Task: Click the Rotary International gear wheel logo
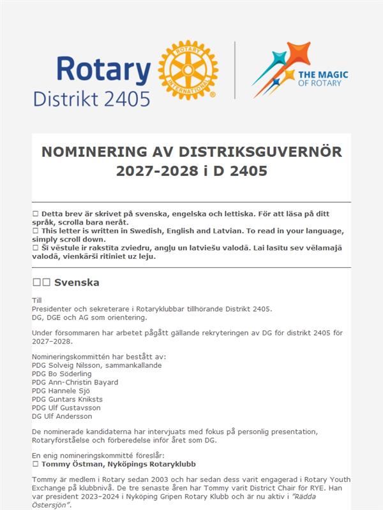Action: (x=188, y=70)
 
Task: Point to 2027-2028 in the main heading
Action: (x=156, y=171)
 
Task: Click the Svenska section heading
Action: (x=76, y=282)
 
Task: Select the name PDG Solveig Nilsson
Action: (x=69, y=365)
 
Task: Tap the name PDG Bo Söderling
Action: (x=63, y=374)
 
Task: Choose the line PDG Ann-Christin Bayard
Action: (x=75, y=382)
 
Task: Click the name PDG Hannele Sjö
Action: (x=61, y=391)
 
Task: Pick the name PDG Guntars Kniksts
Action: (x=67, y=399)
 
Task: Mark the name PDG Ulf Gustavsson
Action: (x=66, y=408)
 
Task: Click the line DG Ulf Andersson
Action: (x=62, y=416)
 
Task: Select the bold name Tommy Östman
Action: (x=68, y=464)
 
